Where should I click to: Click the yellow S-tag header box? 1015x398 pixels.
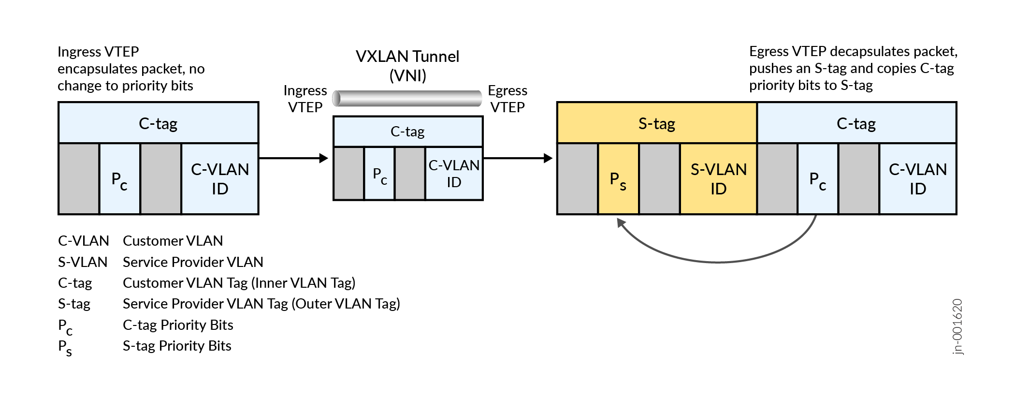[x=656, y=123]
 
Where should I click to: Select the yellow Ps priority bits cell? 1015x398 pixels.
[x=618, y=179]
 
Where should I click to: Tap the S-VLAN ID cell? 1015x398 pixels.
[x=718, y=179]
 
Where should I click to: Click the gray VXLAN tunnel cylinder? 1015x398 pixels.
[x=407, y=98]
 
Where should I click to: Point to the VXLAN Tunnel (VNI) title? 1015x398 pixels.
[x=407, y=66]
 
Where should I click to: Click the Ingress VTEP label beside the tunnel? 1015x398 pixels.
[x=305, y=99]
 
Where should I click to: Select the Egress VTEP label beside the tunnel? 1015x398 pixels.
[x=507, y=99]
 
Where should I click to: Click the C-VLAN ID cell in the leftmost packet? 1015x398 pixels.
[x=220, y=179]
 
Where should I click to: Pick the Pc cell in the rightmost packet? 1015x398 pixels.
[x=818, y=179]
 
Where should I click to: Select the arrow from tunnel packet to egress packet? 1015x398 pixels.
[x=518, y=158]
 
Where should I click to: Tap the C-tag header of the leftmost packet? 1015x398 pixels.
[x=158, y=123]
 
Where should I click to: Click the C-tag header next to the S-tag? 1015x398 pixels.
[x=856, y=123]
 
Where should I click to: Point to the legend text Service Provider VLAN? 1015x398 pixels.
[x=193, y=262]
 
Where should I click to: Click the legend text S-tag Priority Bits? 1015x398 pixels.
[x=177, y=346]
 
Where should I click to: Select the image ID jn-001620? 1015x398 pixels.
[x=957, y=327]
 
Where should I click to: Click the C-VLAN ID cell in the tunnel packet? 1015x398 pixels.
[x=453, y=174]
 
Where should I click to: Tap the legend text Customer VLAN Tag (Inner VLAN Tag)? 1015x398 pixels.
[x=239, y=282]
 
